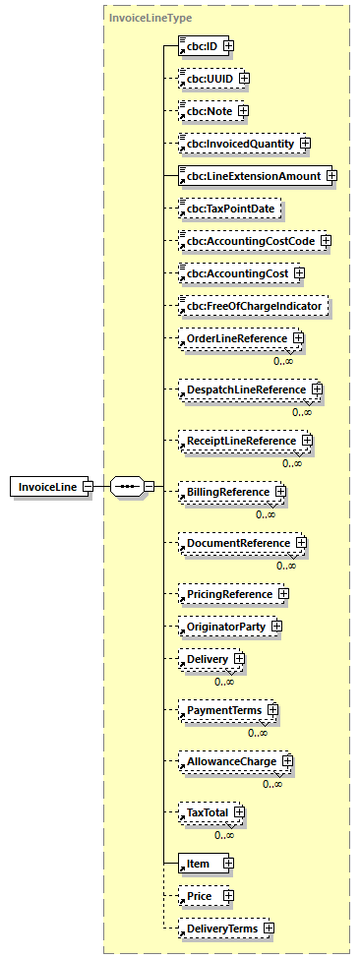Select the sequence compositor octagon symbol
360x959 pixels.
[126, 486]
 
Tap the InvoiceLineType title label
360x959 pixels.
[137, 18]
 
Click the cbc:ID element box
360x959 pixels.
[199, 45]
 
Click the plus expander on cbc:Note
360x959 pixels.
[243, 110]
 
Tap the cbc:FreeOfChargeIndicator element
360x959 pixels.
[252, 306]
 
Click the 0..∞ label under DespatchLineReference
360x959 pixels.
[302, 412]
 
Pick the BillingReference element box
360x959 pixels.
[224, 490]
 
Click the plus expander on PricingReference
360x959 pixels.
[283, 593]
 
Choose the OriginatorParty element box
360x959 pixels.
[223, 626]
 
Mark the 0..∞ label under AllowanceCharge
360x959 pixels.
[272, 784]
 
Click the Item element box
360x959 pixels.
[200, 864]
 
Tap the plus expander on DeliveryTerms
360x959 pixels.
[268, 928]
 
